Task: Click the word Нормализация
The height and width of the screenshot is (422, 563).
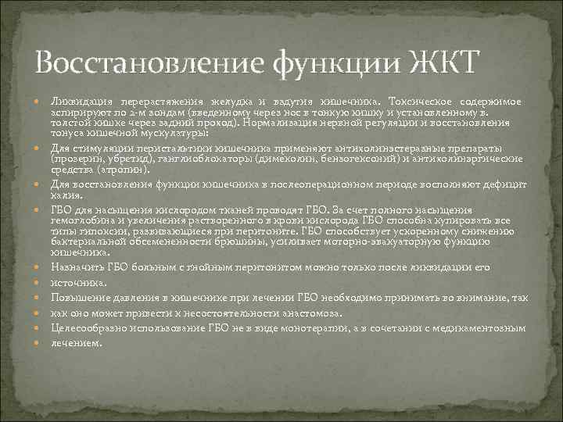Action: point(273,123)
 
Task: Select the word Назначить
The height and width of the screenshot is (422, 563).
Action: point(77,267)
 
